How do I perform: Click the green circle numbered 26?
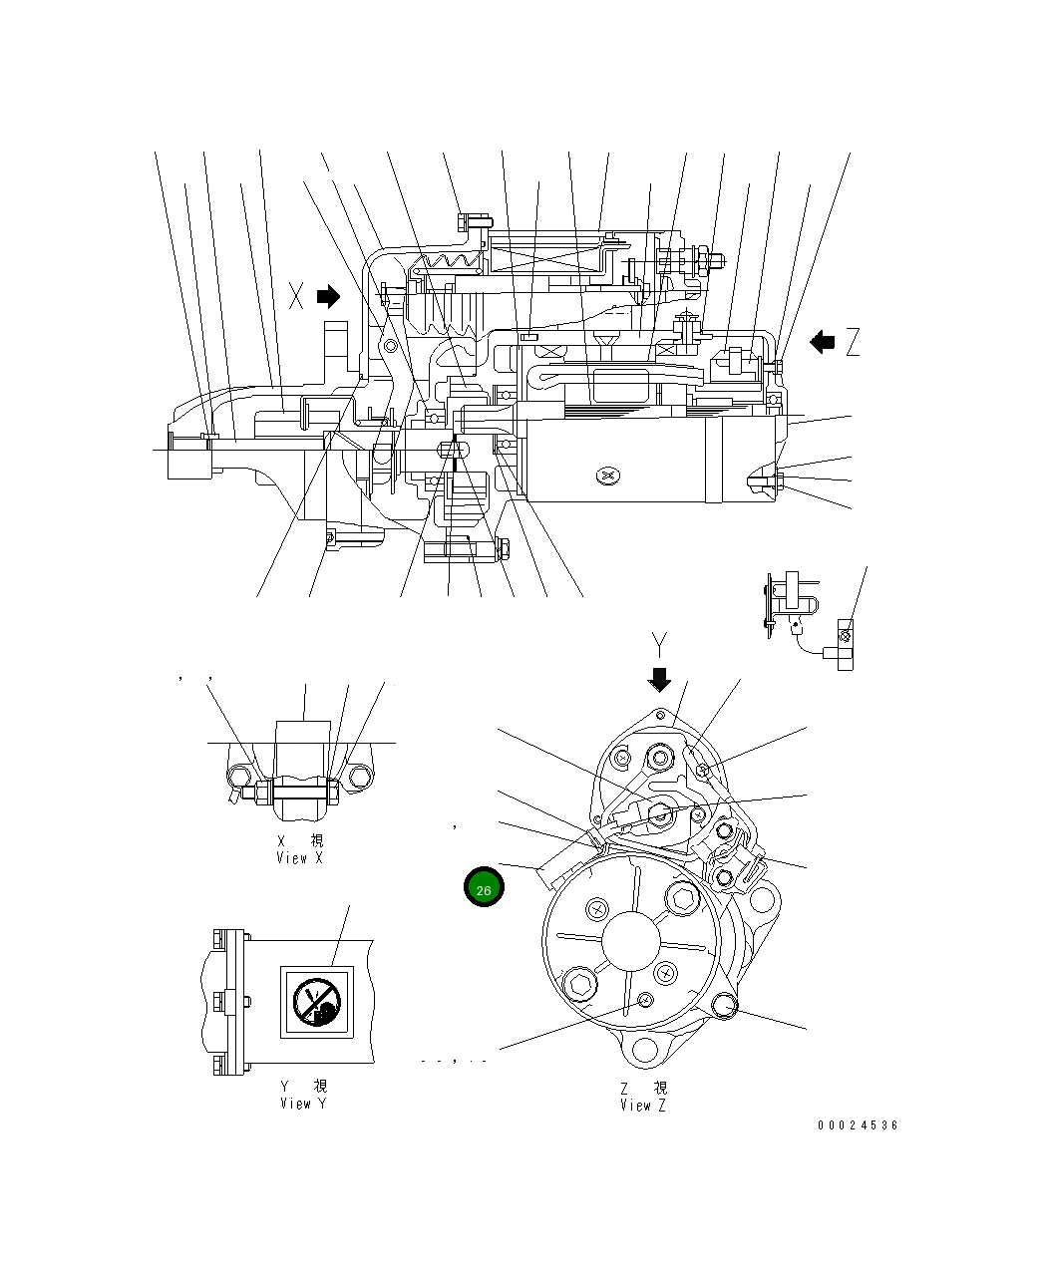(x=484, y=888)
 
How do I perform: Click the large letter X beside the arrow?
(x=296, y=296)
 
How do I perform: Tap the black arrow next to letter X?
(x=328, y=296)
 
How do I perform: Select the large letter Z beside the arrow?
(x=852, y=343)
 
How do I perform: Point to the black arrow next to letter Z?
(x=822, y=343)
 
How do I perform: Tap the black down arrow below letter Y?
(x=658, y=679)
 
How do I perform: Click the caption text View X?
(x=300, y=857)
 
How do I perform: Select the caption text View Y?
(x=302, y=1103)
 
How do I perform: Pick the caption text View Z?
(x=643, y=1105)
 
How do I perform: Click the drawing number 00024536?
(x=858, y=1125)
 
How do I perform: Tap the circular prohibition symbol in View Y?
(x=315, y=1000)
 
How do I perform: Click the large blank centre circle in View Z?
(x=630, y=941)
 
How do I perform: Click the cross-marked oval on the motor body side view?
(x=608, y=478)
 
